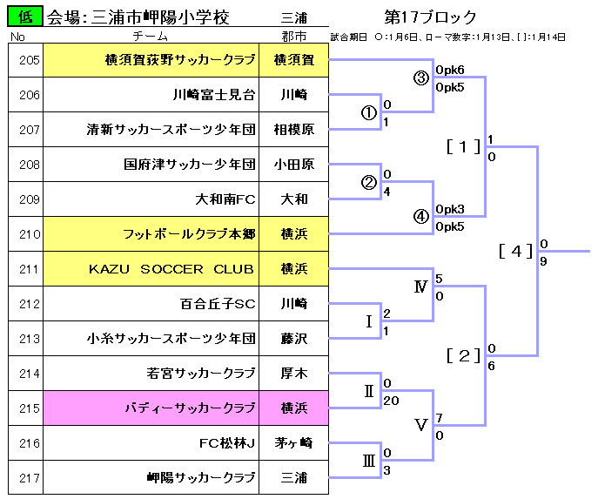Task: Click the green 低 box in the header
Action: (26, 16)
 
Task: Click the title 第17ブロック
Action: (429, 17)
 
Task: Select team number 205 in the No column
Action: (29, 60)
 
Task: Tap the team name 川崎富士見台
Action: (213, 95)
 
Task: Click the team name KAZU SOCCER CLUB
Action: (171, 269)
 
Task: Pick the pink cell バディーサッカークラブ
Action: (190, 408)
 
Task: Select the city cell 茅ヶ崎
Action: (293, 443)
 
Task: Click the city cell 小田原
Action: (293, 165)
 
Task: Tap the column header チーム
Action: (151, 37)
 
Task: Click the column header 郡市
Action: (293, 37)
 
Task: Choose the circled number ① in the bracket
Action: (369, 113)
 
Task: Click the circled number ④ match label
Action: (421, 218)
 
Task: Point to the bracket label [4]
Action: (515, 251)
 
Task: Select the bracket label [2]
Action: (463, 355)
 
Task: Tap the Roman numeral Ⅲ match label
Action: (369, 462)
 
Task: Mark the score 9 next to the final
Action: (543, 260)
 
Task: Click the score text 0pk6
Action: (450, 70)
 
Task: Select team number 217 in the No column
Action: (29, 478)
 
